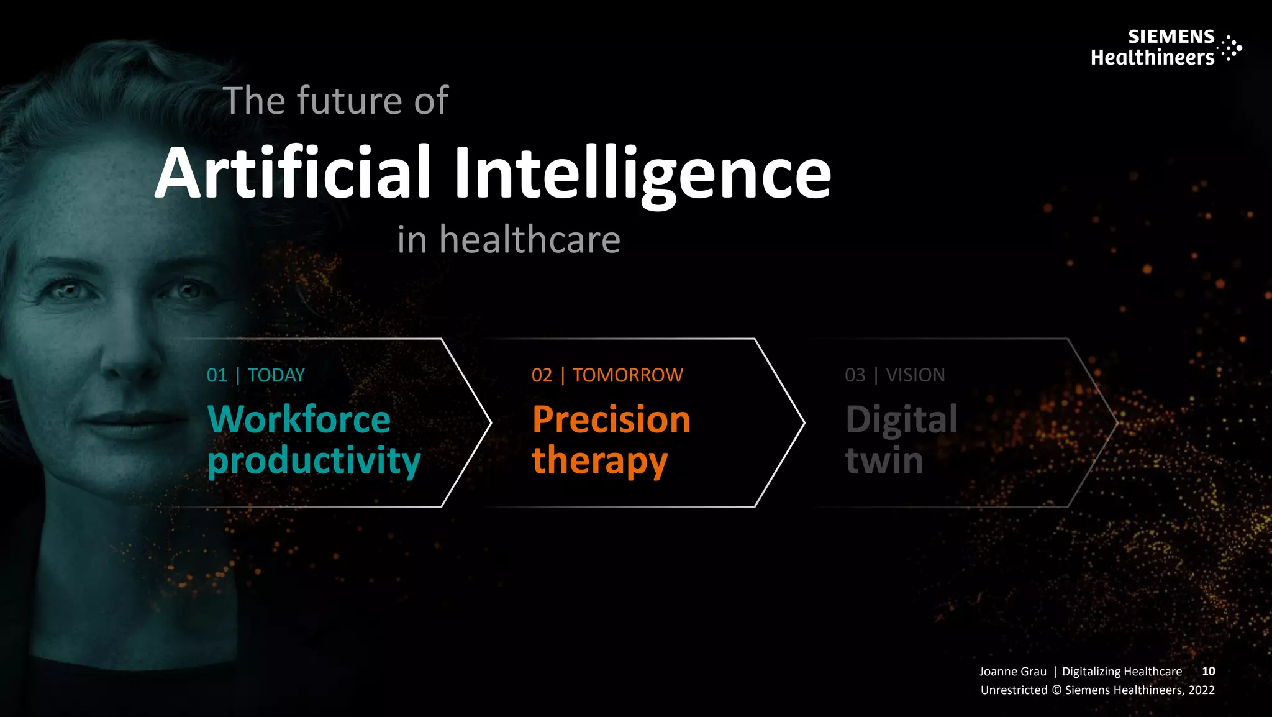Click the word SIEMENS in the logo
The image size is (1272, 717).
(1171, 37)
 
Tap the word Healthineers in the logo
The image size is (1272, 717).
(1152, 58)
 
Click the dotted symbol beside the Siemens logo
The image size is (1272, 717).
(1230, 48)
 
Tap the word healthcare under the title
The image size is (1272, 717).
(530, 240)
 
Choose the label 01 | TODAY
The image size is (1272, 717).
(256, 375)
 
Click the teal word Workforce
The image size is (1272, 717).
(299, 419)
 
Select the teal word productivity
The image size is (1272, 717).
(314, 462)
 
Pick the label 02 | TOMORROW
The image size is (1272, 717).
(607, 375)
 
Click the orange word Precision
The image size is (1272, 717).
(611, 419)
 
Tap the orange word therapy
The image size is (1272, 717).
(599, 462)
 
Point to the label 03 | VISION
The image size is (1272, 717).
(894, 375)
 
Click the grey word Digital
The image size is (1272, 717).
(901, 419)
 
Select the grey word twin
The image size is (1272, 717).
(884, 462)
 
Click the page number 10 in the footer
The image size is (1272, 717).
(1208, 671)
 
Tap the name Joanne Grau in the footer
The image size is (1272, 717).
(1012, 672)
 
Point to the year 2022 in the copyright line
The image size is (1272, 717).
(1201, 690)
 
